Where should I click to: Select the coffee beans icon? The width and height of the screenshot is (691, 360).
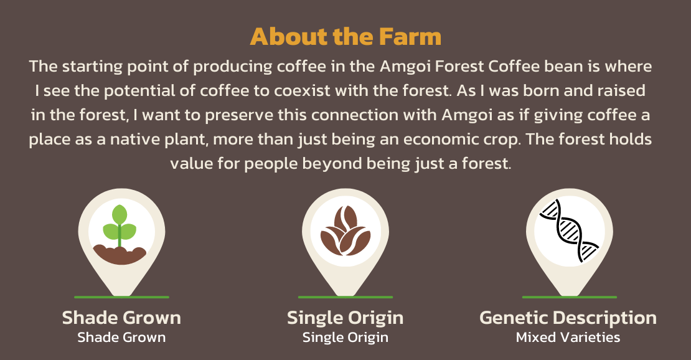tap(345, 230)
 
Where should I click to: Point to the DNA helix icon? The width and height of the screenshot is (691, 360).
tap(570, 230)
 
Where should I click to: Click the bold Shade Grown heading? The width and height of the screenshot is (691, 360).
tap(121, 318)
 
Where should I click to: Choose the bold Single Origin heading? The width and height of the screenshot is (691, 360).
tap(345, 318)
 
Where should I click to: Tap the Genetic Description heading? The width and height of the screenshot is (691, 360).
tap(568, 318)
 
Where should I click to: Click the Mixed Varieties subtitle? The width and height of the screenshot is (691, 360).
tap(568, 338)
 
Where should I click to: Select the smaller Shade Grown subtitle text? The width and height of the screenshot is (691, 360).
tap(121, 338)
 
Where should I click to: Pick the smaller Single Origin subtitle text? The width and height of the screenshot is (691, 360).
tap(345, 338)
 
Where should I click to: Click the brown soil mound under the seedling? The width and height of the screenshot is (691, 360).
tap(120, 255)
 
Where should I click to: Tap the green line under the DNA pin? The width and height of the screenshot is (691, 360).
tap(570, 297)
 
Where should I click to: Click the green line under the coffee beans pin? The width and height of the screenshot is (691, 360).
tap(345, 297)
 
